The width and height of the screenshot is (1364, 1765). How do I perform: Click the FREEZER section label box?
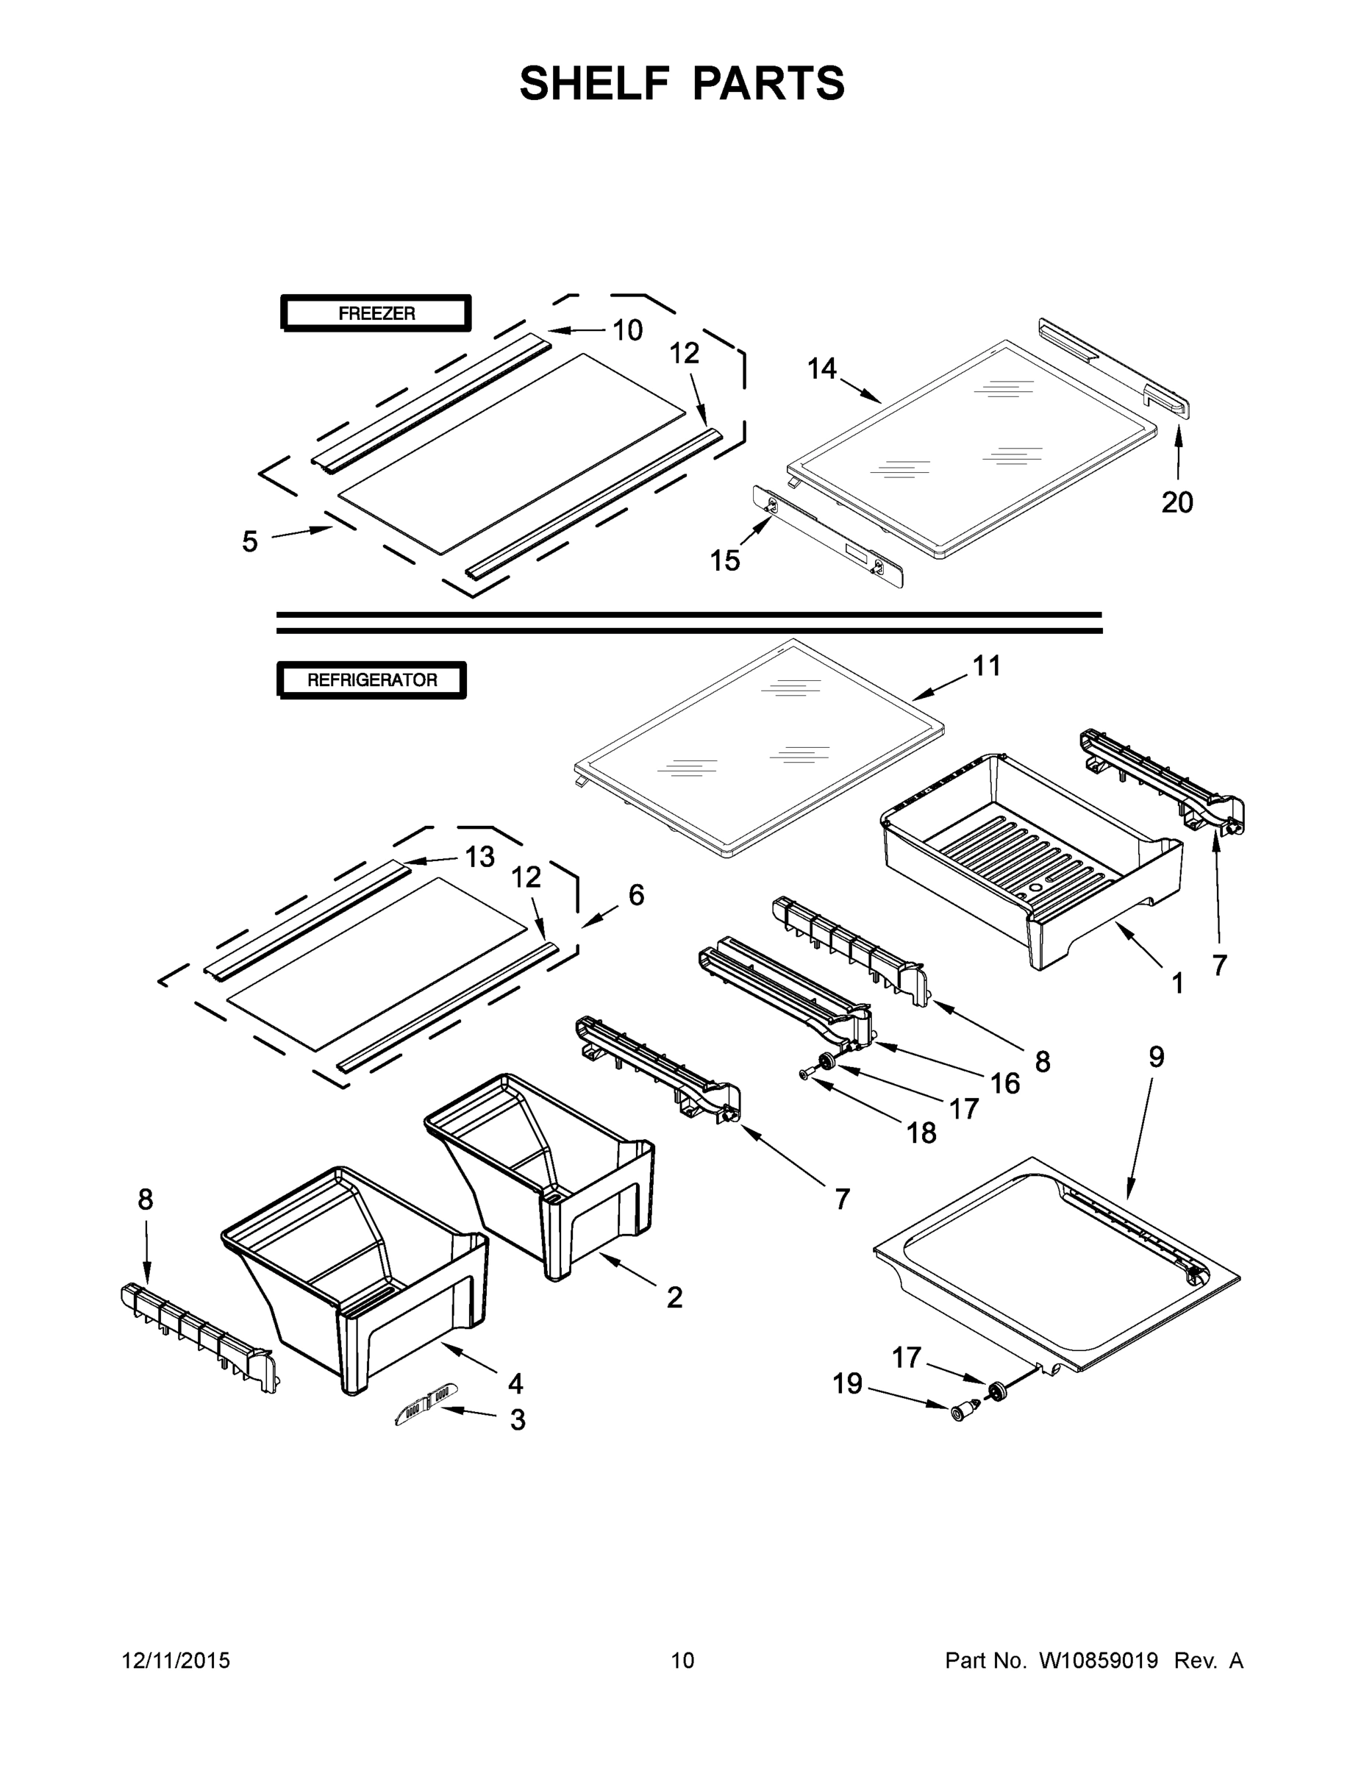tap(376, 313)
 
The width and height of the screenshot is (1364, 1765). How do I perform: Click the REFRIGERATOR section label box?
tap(372, 680)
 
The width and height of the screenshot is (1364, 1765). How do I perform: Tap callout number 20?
tap(1177, 503)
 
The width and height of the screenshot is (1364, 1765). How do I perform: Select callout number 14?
tap(822, 369)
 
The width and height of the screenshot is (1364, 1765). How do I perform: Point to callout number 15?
tap(725, 560)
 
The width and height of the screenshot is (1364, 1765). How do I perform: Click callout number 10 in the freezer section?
tap(627, 329)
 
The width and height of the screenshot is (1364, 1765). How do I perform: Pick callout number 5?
tap(250, 541)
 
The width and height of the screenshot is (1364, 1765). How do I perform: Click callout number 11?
tap(986, 666)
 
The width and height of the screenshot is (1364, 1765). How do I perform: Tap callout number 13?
tap(480, 857)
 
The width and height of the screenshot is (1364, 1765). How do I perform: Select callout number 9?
tap(1157, 1056)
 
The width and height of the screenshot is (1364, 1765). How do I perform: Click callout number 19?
tap(848, 1383)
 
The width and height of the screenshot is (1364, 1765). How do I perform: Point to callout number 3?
tap(518, 1420)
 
